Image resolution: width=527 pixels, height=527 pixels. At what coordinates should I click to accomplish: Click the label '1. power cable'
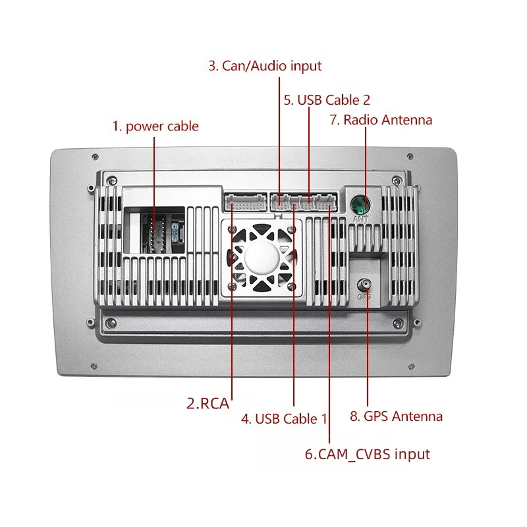155,126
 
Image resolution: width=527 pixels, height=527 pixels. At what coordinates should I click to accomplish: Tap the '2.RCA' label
208,403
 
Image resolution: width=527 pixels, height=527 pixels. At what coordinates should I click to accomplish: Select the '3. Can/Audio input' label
265,66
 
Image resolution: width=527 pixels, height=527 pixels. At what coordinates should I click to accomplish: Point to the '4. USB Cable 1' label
284,418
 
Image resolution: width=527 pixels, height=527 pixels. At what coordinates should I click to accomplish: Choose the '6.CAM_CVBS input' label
367,454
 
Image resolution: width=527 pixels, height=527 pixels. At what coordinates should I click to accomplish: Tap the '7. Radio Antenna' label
381,120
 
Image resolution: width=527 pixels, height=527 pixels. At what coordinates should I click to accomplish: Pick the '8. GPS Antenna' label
396,416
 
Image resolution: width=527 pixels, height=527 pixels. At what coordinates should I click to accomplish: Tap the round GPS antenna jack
363,285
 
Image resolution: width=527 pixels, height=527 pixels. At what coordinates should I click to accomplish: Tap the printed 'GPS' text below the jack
364,297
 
